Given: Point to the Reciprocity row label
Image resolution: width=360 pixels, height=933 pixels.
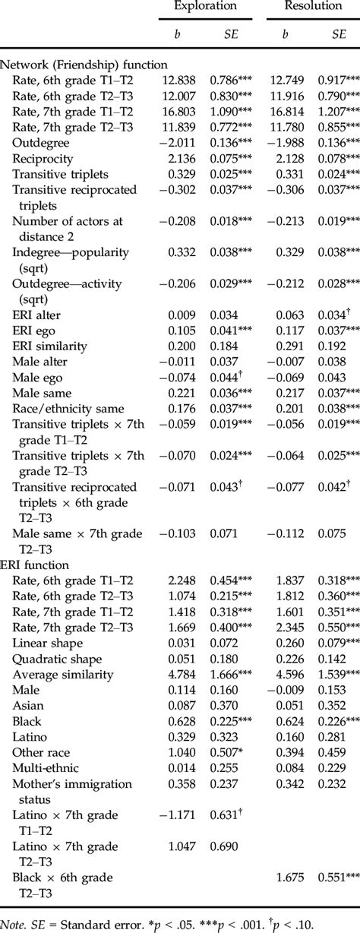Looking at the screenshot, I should (x=43, y=158).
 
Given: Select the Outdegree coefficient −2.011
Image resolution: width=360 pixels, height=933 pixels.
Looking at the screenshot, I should (x=174, y=142).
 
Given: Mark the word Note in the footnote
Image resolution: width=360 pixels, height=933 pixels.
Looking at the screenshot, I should (x=14, y=924).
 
